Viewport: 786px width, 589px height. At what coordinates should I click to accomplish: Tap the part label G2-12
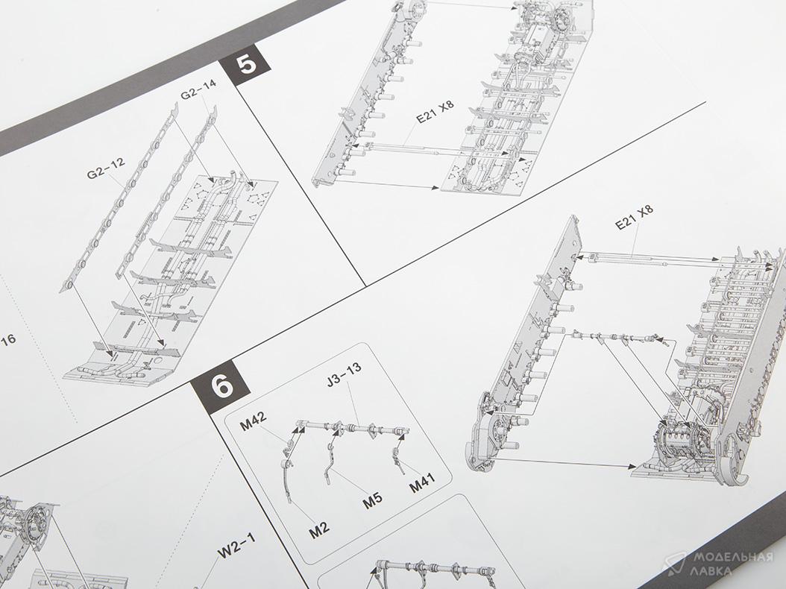[105, 168]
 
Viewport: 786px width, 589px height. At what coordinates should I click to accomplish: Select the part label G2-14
[198, 89]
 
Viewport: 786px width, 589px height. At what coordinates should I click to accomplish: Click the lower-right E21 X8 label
[634, 217]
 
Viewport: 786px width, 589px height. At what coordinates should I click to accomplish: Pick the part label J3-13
[344, 376]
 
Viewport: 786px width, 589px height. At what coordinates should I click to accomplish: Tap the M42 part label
[253, 421]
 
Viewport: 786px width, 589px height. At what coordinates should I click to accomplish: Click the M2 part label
[319, 529]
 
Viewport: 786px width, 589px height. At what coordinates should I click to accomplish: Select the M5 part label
[372, 500]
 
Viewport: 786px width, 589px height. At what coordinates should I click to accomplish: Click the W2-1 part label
[236, 546]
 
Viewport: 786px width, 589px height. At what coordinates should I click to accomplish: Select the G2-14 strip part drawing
[166, 192]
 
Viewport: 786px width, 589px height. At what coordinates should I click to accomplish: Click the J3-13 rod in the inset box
[353, 429]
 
